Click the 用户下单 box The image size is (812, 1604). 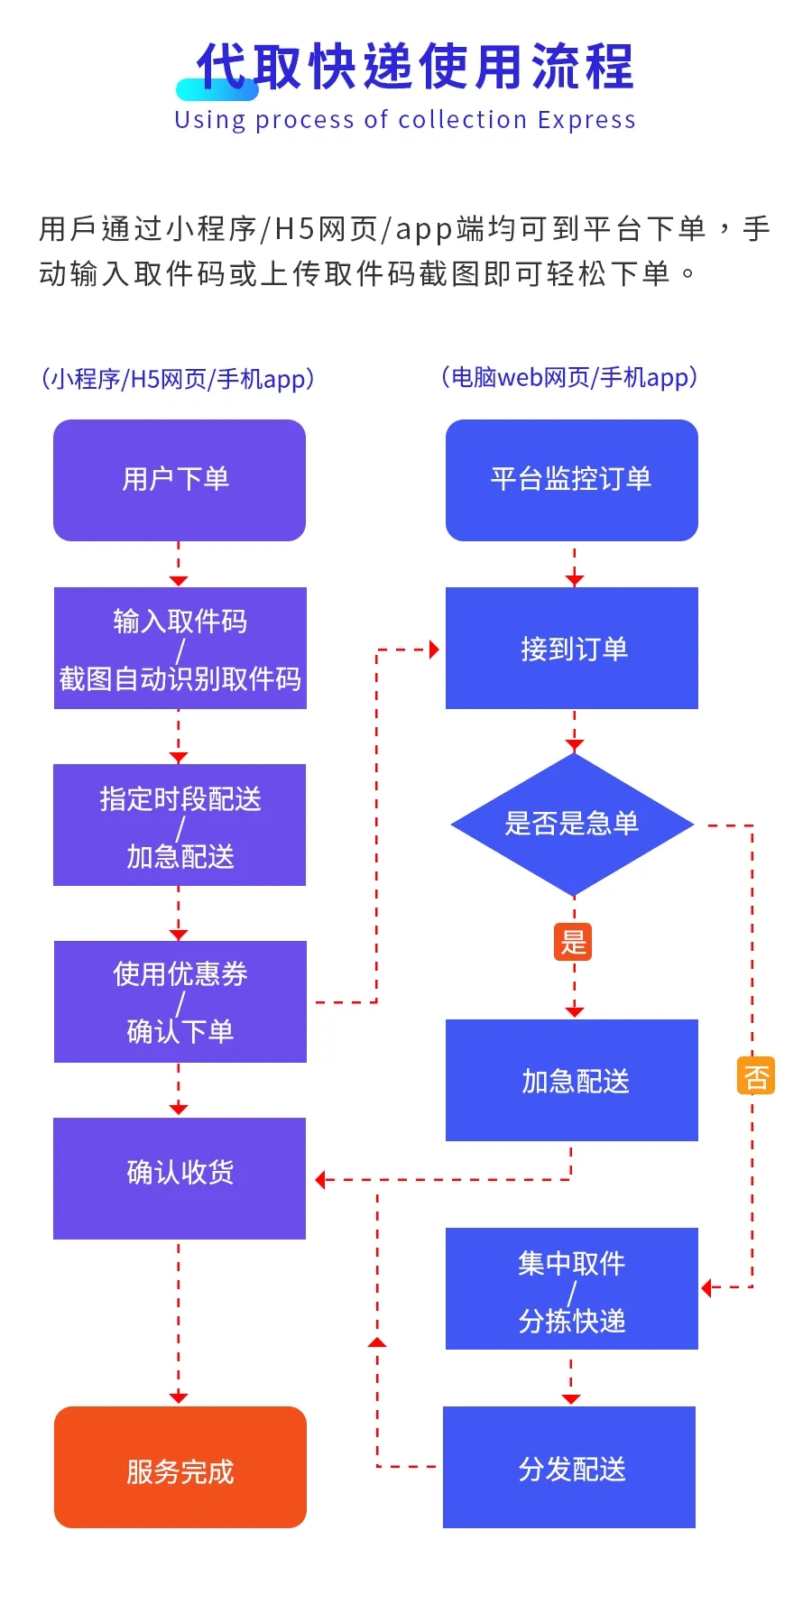[x=179, y=480]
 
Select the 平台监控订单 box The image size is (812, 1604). [x=571, y=480]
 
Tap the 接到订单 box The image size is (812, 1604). [x=571, y=648]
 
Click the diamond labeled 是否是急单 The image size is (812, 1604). [x=571, y=824]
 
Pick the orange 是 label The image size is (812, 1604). [x=573, y=942]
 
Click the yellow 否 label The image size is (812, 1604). [x=755, y=1075]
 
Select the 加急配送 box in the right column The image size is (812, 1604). [x=571, y=1080]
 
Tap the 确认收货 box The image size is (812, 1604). [x=179, y=1177]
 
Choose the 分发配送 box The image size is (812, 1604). [x=569, y=1467]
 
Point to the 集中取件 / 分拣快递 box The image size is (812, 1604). [x=571, y=1288]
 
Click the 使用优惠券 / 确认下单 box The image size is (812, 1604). [x=180, y=1001]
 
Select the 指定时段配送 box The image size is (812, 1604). [x=180, y=825]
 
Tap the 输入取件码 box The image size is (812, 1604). [x=180, y=648]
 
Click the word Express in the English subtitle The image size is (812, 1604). [x=586, y=120]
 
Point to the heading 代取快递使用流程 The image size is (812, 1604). [x=415, y=67]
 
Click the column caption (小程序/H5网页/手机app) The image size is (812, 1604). [x=178, y=379]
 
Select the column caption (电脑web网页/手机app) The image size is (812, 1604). [x=569, y=377]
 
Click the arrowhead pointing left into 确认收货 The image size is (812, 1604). [x=321, y=1179]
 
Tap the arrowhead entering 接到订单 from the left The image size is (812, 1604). [x=434, y=650]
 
